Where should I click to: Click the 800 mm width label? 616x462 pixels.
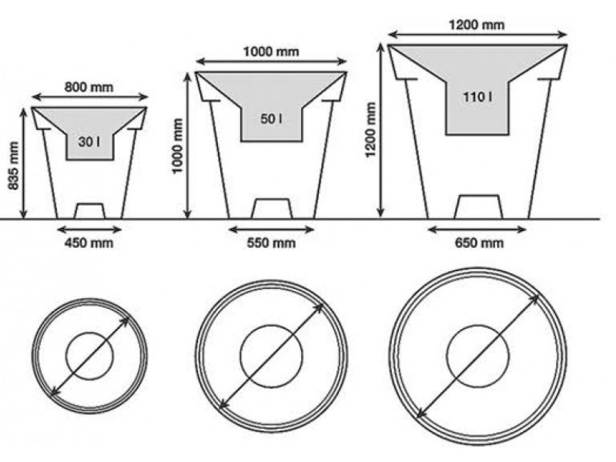click(x=89, y=87)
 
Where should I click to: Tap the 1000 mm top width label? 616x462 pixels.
click(x=271, y=52)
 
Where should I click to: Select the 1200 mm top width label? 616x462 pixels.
click(x=477, y=25)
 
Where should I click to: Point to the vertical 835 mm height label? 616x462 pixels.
click(x=13, y=166)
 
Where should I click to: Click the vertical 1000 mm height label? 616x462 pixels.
click(x=178, y=146)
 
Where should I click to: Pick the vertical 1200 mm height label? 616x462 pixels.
click(x=370, y=129)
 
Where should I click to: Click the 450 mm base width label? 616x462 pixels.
click(x=89, y=243)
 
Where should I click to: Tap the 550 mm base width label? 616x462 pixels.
click(x=271, y=243)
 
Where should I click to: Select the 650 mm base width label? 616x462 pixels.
click(x=479, y=243)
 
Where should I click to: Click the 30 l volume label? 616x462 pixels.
click(x=89, y=142)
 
